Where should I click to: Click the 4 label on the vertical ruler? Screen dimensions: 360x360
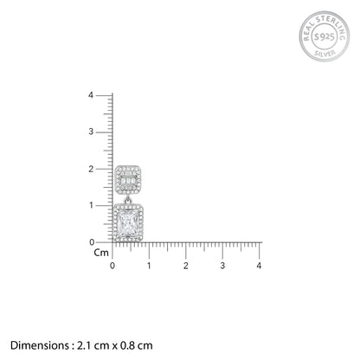coord(91,95)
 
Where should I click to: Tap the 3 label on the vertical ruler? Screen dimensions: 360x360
coord(91,132)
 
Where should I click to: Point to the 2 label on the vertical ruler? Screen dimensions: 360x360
coord(91,169)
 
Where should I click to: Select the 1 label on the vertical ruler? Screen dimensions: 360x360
coord(91,205)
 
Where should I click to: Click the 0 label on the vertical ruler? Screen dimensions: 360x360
coord(92,242)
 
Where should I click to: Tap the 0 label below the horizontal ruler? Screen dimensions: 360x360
coord(112,266)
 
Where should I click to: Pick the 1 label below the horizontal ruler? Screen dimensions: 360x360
coord(149,266)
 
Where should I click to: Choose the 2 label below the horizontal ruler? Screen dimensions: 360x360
coord(186,266)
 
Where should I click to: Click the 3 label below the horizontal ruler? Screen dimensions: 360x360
coord(222,266)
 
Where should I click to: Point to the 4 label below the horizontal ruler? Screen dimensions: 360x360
coord(259,266)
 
